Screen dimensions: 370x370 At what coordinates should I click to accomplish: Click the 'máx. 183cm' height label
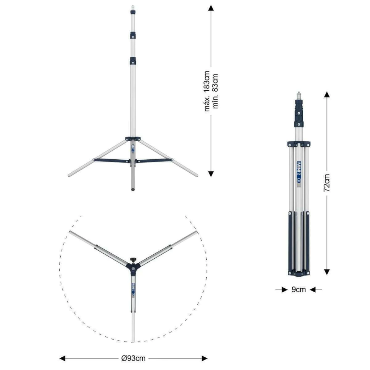207,91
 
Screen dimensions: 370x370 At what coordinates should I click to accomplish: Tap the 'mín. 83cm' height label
215,91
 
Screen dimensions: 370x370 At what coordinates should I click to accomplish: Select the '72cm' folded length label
327,183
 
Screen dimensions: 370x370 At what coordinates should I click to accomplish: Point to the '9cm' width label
298,289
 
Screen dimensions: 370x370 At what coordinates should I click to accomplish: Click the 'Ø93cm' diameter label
133,358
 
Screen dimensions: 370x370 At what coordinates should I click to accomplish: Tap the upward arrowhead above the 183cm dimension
211,8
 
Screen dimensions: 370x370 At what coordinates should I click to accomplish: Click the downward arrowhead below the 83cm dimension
211,174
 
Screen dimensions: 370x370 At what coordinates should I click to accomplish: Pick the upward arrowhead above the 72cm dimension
327,94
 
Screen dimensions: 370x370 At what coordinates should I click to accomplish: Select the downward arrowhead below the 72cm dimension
327,272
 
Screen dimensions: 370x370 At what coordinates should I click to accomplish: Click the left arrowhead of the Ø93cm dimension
62,358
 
